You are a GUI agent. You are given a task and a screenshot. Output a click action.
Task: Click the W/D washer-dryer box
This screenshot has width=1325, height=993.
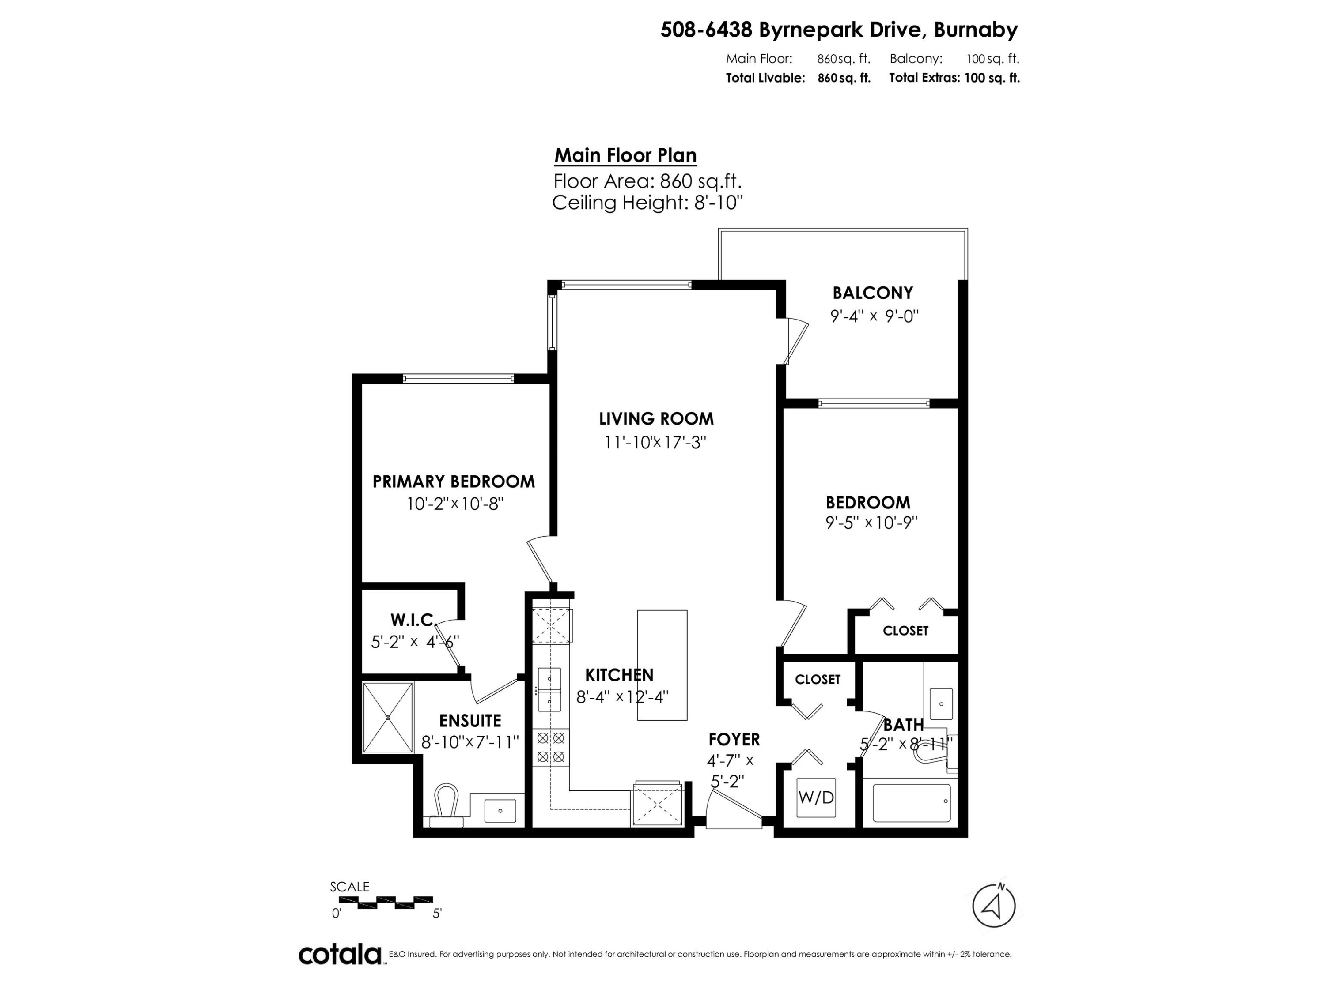816,797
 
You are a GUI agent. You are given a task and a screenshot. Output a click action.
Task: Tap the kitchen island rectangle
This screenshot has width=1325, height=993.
662,665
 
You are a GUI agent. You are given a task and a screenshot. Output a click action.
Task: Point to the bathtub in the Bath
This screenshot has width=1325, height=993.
911,803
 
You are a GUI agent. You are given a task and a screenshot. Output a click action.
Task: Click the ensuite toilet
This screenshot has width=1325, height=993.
446,804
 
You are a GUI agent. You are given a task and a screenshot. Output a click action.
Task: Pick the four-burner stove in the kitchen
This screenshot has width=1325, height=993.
550,747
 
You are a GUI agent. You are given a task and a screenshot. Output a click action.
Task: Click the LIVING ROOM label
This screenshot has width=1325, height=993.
656,418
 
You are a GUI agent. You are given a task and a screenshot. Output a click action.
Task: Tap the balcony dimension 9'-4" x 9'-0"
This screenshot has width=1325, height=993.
874,316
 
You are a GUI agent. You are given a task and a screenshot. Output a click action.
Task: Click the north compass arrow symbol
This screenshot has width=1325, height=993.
993,907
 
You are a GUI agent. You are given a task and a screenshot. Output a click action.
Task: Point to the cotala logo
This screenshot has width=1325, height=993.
340,954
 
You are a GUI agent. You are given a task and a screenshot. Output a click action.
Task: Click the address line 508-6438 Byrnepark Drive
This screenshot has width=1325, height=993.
839,29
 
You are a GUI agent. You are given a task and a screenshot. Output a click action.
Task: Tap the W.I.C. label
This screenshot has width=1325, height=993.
412,620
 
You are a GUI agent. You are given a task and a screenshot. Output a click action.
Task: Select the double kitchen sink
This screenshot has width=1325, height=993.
549,689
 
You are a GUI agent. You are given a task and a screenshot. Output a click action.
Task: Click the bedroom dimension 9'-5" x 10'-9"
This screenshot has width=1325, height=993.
871,523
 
